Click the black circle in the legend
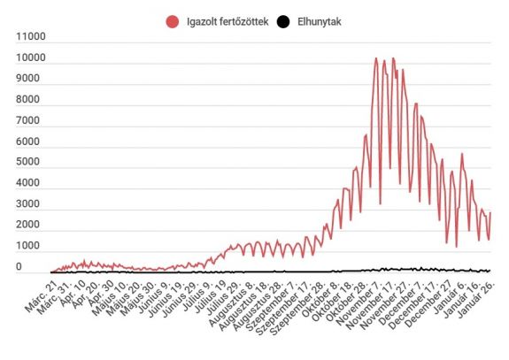[283, 20]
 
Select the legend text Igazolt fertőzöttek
[225, 20]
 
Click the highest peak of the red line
[376, 59]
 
